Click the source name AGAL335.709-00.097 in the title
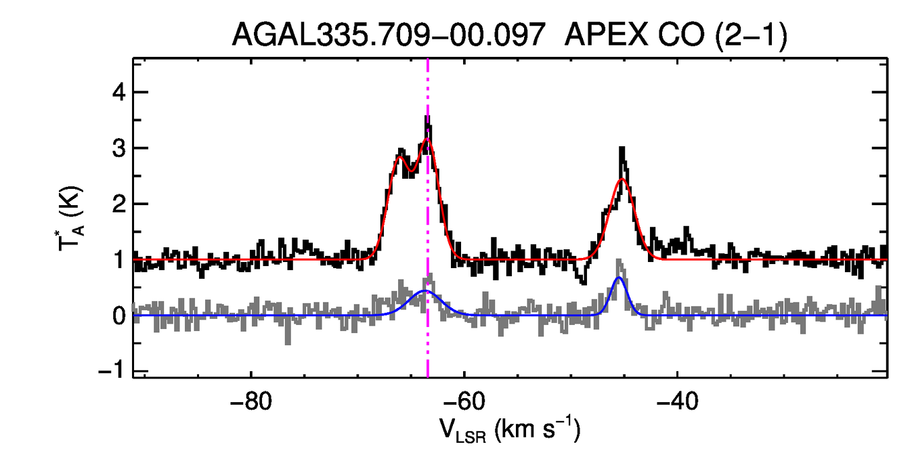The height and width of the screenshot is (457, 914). tap(389, 34)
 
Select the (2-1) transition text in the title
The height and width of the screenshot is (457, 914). tap(746, 34)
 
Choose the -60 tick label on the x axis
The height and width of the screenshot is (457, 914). tap(464, 401)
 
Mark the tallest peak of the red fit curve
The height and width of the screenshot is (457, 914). tap(427, 139)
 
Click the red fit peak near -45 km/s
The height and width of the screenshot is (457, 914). tap(622, 179)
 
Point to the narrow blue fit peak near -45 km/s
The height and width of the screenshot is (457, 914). tap(618, 278)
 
